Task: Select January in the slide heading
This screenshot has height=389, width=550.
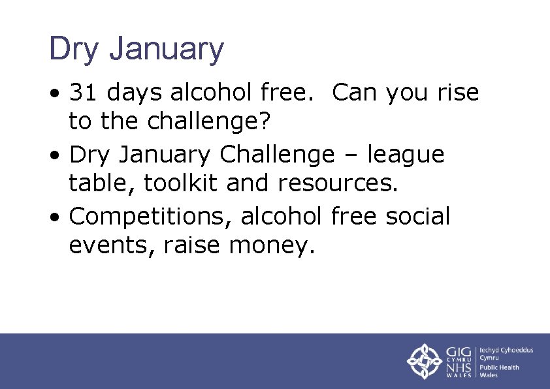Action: click(167, 50)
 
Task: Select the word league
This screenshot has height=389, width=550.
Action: click(405, 155)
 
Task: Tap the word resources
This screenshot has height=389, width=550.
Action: click(338, 185)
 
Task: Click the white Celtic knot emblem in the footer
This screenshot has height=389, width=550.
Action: click(425, 361)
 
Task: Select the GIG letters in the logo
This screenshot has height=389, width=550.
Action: click(460, 352)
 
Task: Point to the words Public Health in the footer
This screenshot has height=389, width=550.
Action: click(500, 367)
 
